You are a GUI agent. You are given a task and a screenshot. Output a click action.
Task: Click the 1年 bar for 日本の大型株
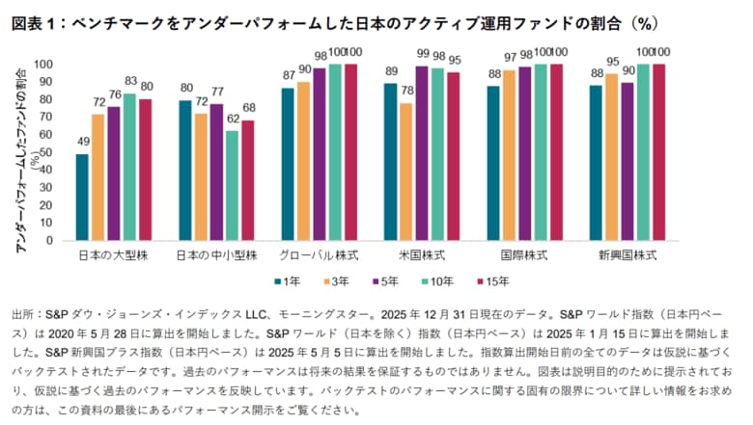point(82,199)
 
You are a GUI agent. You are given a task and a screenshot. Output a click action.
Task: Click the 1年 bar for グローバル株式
point(286,165)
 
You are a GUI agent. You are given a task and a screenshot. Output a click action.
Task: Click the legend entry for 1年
point(287,281)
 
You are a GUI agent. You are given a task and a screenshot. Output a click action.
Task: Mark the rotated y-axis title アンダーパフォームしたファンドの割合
point(19,154)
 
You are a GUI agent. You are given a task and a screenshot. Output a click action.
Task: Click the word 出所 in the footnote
point(21,315)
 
